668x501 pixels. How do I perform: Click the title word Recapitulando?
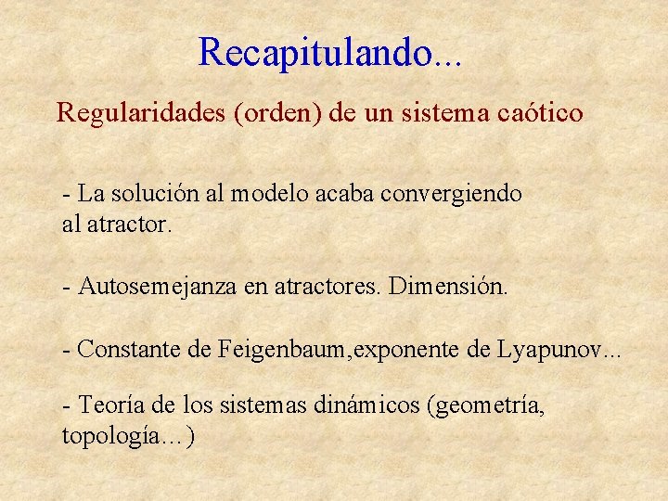click(315, 53)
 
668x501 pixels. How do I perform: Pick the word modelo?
click(266, 194)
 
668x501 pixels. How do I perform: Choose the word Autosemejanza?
click(158, 287)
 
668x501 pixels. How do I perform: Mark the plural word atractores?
click(328, 287)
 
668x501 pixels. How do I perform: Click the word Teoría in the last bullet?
click(110, 405)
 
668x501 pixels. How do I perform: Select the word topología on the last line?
click(120, 436)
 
